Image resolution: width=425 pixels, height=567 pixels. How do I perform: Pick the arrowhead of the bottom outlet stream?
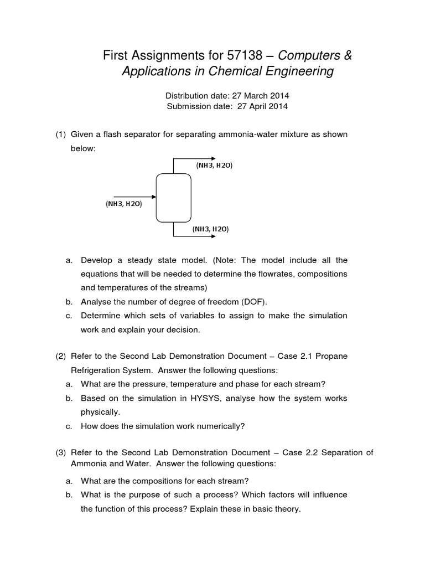point(212,236)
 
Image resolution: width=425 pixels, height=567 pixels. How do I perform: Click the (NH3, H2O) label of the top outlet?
point(214,165)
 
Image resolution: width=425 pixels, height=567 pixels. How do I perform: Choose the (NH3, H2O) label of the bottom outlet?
point(210,228)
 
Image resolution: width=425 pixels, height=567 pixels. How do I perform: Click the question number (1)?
point(60,135)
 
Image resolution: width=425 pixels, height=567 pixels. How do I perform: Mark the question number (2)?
point(60,356)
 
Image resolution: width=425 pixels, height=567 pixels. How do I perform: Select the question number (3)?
point(60,452)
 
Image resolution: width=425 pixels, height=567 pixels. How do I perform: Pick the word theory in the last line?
point(287,508)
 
